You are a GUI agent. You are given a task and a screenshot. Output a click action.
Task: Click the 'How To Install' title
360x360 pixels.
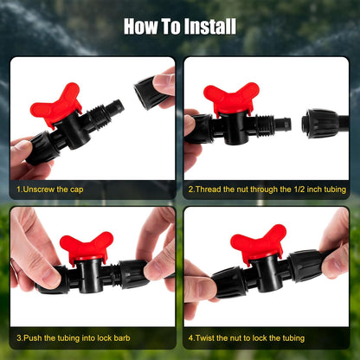tap(180, 27)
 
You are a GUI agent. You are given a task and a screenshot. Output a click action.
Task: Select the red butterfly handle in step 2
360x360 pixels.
tap(231, 99)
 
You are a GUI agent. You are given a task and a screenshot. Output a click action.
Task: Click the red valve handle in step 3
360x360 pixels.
tap(86, 245)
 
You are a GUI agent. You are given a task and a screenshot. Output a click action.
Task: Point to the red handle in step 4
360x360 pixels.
tap(258, 242)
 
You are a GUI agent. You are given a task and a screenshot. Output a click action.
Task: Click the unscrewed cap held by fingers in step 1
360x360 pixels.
tap(150, 93)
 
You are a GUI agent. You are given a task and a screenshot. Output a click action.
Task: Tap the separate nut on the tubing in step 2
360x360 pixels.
tap(319, 123)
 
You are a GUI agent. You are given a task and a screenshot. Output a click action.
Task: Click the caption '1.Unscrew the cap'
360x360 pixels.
tap(50, 190)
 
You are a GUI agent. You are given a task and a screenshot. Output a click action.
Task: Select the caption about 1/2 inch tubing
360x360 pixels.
tap(267, 190)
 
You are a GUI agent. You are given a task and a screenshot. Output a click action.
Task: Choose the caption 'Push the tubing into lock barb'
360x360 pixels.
tap(74, 337)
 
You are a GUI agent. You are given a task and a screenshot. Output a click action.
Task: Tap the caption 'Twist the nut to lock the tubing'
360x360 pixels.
tap(247, 337)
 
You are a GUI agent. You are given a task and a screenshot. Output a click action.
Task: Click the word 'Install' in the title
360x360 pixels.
tap(210, 27)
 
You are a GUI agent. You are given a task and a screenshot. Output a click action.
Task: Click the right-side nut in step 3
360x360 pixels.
tap(134, 274)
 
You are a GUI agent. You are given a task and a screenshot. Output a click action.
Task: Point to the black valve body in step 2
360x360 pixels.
tap(233, 127)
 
